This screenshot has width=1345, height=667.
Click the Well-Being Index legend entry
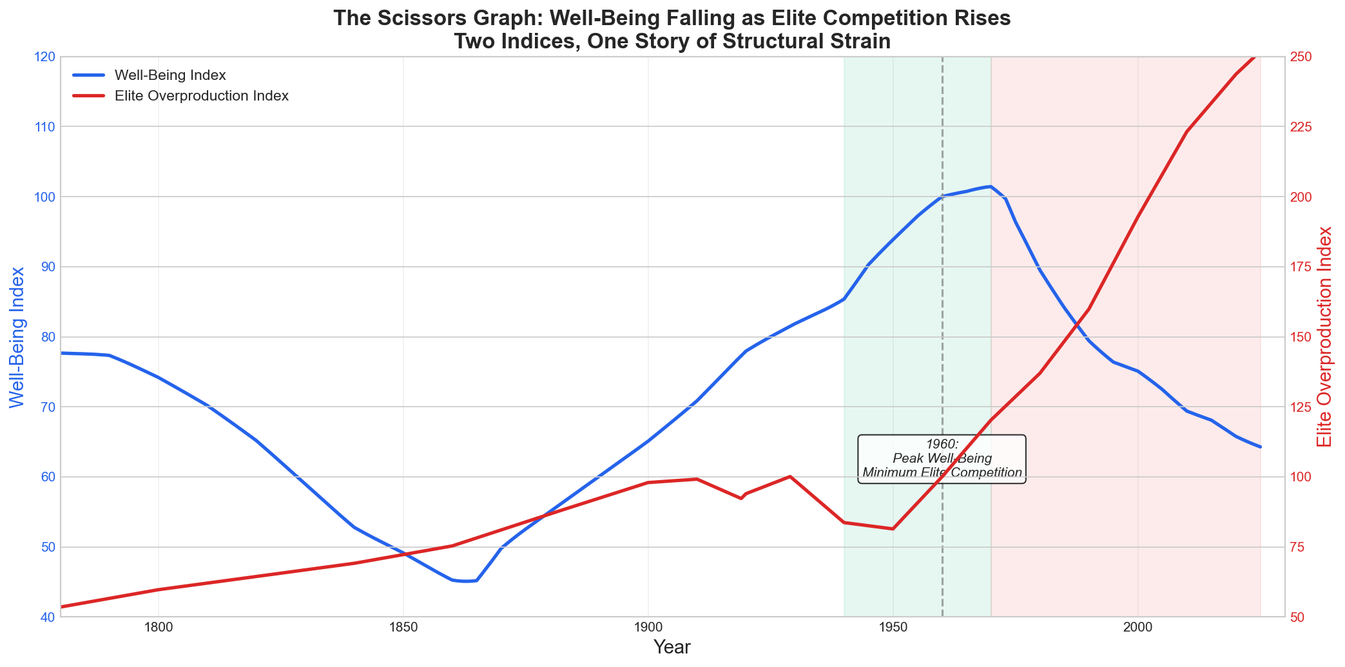169,75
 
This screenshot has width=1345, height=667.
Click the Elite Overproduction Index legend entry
200,96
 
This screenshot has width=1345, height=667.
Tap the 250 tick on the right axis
1303,57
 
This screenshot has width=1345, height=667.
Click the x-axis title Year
672,648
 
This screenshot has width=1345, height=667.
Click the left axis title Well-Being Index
17,337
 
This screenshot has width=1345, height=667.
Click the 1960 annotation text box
942,459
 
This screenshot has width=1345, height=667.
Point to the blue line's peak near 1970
991,186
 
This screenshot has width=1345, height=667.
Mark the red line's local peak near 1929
790,476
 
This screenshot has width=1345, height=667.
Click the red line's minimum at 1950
893,529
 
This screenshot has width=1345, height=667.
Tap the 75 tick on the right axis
1299,547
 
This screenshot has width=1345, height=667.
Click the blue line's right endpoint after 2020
1260,447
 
